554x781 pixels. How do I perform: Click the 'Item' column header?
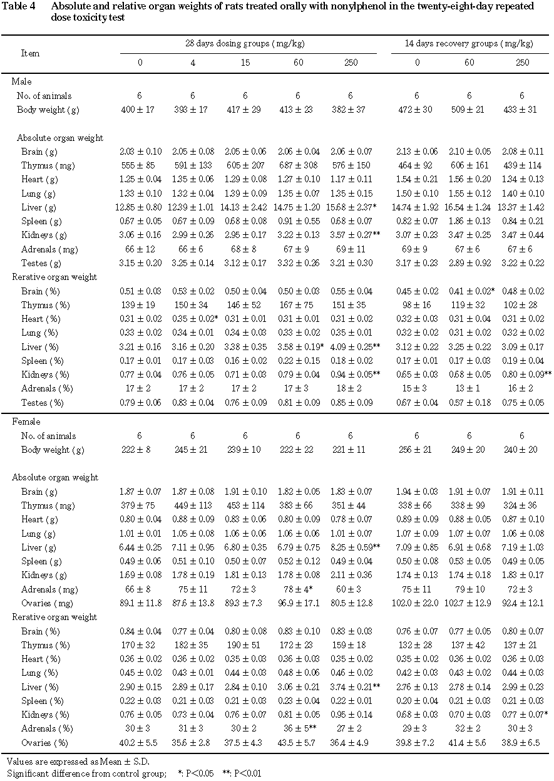pyautogui.click(x=31, y=53)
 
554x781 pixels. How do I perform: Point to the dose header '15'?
pyautogui.click(x=245, y=63)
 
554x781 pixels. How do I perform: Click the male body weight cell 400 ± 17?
pyautogui.click(x=140, y=110)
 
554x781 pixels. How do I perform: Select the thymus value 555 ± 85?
pyautogui.click(x=140, y=165)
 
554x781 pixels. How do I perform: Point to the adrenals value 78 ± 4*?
pyautogui.click(x=299, y=589)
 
